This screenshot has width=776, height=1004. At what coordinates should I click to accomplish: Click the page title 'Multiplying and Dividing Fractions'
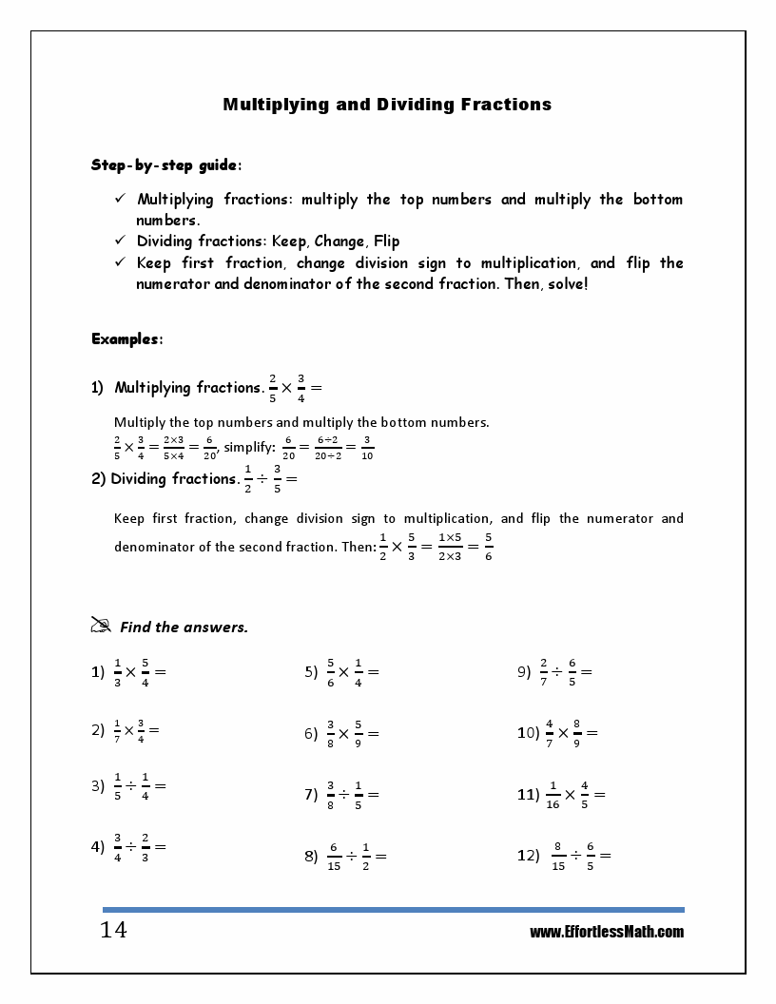pos(387,105)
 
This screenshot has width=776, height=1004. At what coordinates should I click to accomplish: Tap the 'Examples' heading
pos(126,338)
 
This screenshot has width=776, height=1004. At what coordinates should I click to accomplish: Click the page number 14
pos(113,930)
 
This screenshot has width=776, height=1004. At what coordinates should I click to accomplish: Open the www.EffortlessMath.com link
pos(606,932)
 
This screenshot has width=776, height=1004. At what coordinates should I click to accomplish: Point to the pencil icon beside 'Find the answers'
pos(101,625)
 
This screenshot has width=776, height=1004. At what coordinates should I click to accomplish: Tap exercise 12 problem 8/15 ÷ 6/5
pos(580,856)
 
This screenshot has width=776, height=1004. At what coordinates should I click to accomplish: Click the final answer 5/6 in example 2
pos(488,546)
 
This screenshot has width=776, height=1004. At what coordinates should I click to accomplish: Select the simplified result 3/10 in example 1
pos(368,447)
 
